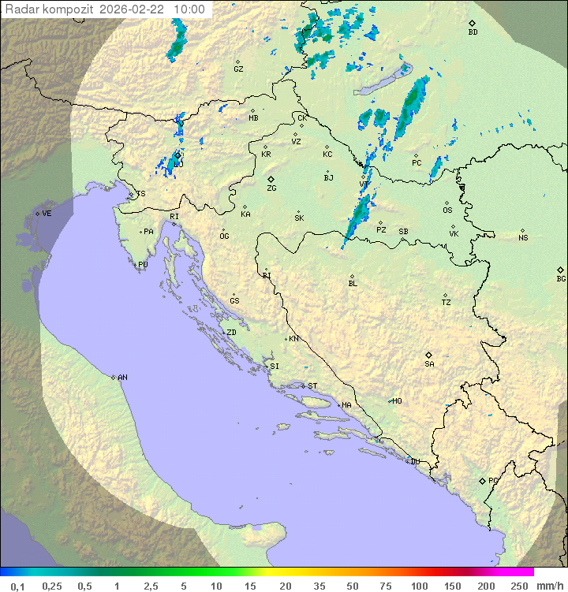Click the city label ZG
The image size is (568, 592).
click(271, 188)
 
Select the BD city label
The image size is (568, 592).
click(473, 32)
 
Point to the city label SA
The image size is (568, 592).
click(429, 364)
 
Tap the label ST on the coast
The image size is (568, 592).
click(312, 386)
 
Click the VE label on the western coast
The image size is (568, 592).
click(47, 214)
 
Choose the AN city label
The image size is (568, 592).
click(122, 378)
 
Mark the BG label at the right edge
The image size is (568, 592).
click(561, 278)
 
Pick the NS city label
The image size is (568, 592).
click(523, 238)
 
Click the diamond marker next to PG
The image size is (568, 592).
click(482, 480)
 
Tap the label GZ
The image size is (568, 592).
click(238, 69)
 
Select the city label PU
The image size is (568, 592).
click(143, 265)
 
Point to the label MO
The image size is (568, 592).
click(397, 401)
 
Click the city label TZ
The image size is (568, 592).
click(447, 303)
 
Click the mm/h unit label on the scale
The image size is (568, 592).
click(547, 586)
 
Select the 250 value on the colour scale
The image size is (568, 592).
click(519, 586)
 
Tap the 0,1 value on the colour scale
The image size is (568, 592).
click(17, 586)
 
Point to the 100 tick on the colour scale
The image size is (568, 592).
click(419, 586)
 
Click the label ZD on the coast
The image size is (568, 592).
click(231, 333)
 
